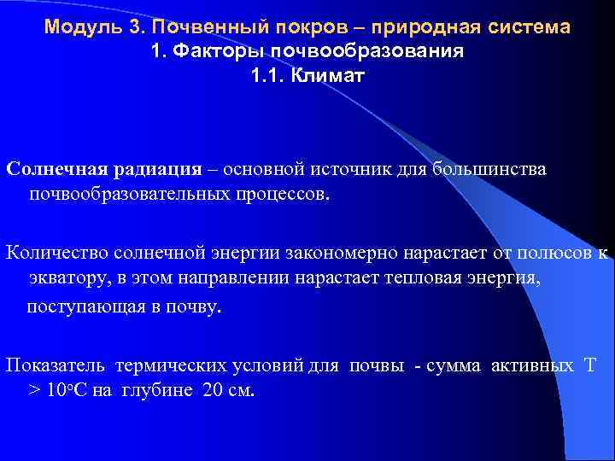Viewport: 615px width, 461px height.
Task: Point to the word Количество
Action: coord(55,252)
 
